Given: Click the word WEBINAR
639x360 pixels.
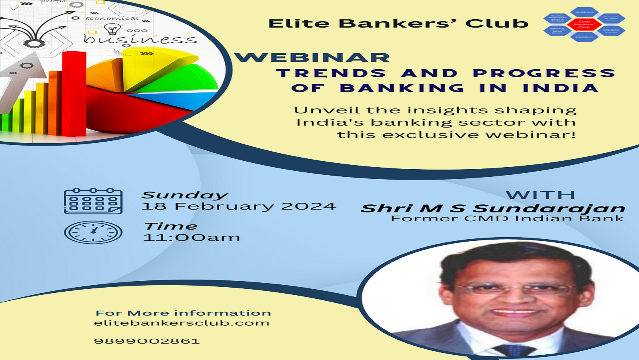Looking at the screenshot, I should point(312,58).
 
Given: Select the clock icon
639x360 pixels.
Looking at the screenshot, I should point(93,232).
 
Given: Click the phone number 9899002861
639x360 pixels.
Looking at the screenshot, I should point(147,341).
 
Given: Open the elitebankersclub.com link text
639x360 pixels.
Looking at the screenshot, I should point(182,323).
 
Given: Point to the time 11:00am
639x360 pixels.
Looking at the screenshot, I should point(192,238).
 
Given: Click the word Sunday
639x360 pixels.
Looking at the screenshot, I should point(184,195).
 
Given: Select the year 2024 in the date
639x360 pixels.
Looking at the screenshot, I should point(308,206).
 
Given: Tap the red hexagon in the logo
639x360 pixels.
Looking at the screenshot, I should point(584,24).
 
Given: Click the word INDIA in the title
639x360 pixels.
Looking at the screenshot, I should point(561,88).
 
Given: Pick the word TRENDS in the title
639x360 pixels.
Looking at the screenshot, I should point(331,73).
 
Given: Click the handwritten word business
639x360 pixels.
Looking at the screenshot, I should point(140,39).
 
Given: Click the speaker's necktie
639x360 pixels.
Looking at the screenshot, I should point(514,350).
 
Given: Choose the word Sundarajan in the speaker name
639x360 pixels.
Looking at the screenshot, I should point(549,208).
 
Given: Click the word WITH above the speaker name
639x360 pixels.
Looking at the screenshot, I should point(540,195).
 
